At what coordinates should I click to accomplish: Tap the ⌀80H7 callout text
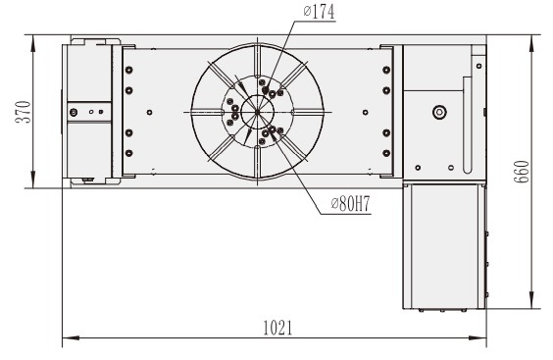pos(349,205)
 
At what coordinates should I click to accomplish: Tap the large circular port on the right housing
pos(436,112)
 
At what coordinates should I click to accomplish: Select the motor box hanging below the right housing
pos(445,245)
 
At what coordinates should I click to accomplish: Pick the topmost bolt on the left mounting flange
pos(127,69)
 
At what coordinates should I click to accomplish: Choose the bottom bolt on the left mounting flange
pos(127,154)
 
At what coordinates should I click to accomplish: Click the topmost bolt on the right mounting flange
pos(386,69)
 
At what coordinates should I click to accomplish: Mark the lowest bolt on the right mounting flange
pos(386,154)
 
